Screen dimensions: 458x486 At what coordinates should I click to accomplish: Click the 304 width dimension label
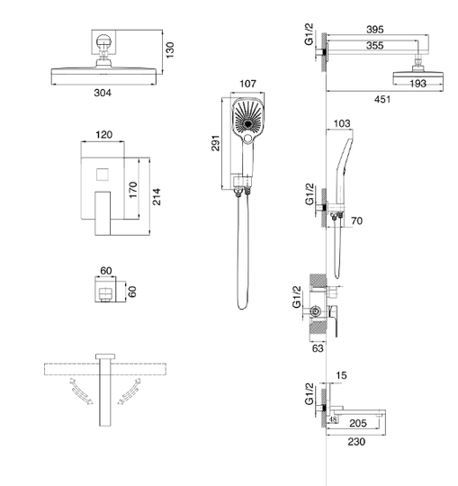[x=103, y=93]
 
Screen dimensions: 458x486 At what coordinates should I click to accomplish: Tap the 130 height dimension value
[x=170, y=49]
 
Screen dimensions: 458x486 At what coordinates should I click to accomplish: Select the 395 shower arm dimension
[x=375, y=30]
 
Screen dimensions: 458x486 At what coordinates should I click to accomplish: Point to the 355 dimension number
[x=375, y=46]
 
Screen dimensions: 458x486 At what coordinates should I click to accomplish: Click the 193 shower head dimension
[x=418, y=84]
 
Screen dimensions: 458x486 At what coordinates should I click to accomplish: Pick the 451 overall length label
[x=382, y=99]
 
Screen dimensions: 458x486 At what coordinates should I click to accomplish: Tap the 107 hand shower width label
[x=248, y=84]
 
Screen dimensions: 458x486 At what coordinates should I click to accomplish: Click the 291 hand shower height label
[x=216, y=143]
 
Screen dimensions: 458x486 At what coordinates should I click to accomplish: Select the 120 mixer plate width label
[x=103, y=135]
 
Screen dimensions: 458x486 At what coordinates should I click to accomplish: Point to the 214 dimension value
[x=157, y=196]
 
